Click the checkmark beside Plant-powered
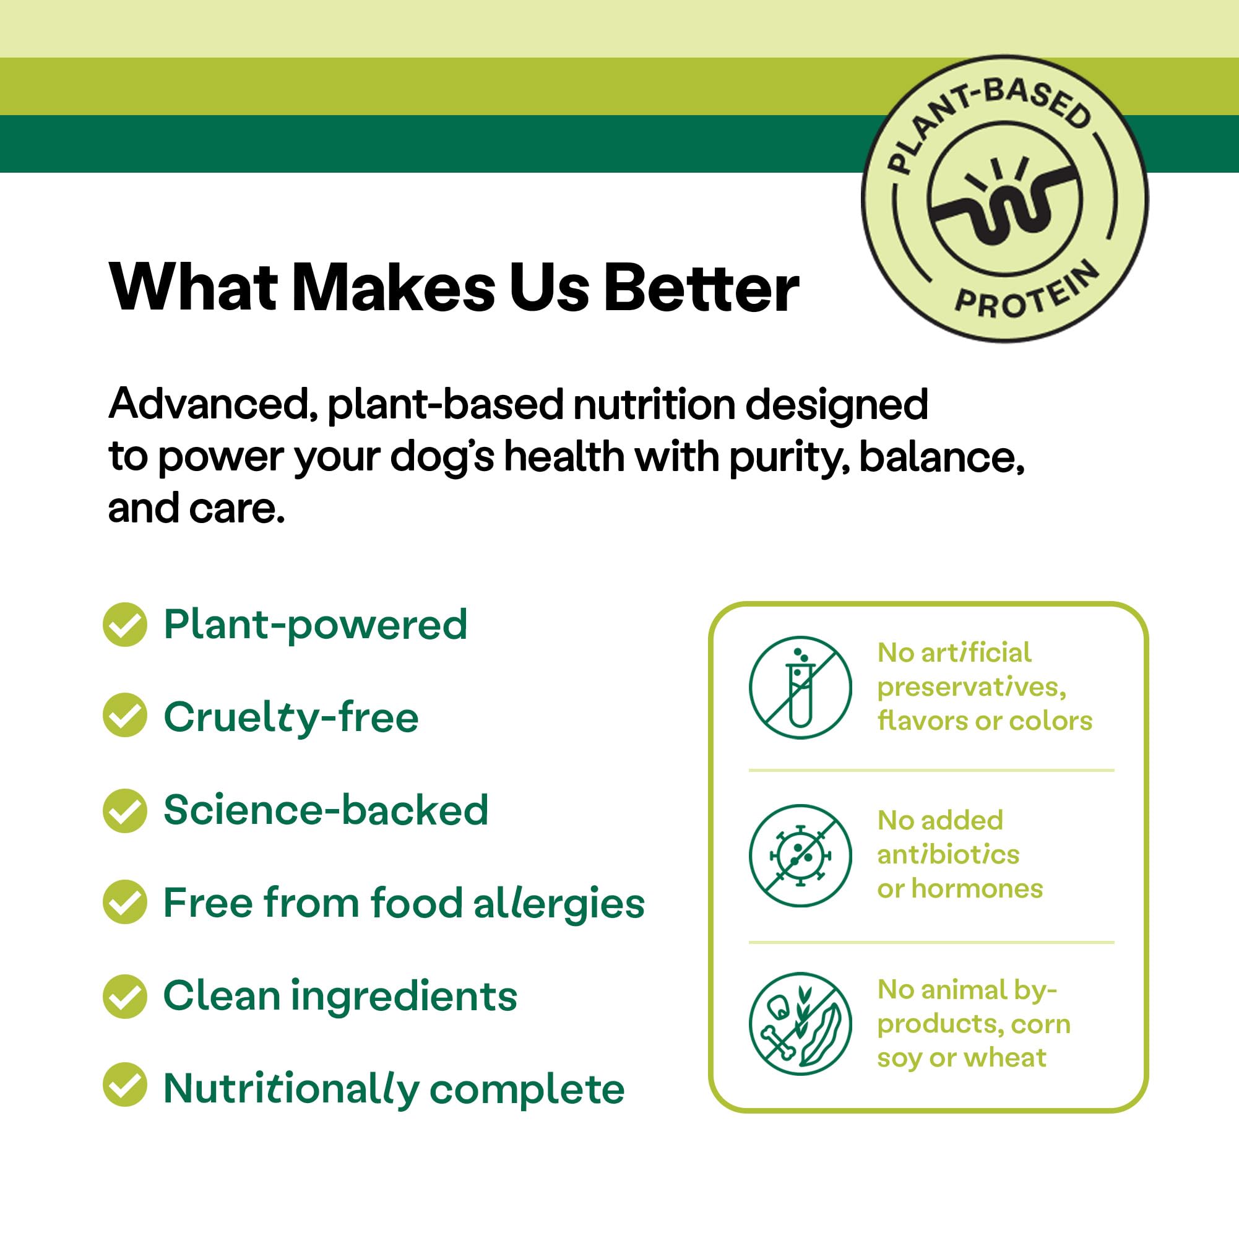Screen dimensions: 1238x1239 125,624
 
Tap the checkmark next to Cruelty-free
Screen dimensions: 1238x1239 125,714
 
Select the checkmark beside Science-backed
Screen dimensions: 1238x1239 125,810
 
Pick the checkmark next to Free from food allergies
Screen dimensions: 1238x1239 125,902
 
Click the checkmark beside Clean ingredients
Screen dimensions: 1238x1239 125,996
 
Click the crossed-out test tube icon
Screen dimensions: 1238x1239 800,688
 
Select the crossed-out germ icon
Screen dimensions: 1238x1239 800,855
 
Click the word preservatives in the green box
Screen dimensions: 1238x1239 971,688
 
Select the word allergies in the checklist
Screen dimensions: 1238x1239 559,903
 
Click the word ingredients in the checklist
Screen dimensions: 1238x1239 404,996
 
